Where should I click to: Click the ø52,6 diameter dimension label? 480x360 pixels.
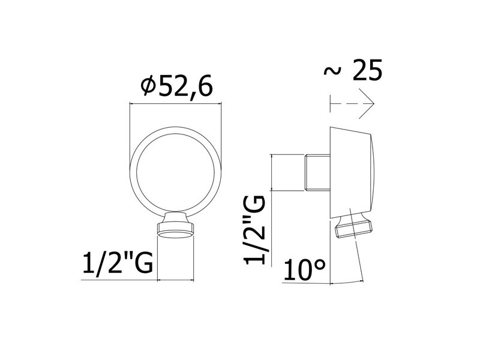(x=176, y=88)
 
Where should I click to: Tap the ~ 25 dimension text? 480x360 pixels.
(x=353, y=70)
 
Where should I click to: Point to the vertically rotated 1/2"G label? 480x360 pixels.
(x=254, y=230)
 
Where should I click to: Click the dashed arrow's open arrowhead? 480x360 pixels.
(x=367, y=104)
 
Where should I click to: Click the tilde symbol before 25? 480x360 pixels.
(x=332, y=71)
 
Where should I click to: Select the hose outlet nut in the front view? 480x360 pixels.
(x=176, y=225)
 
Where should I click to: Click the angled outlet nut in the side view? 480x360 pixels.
(x=354, y=226)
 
